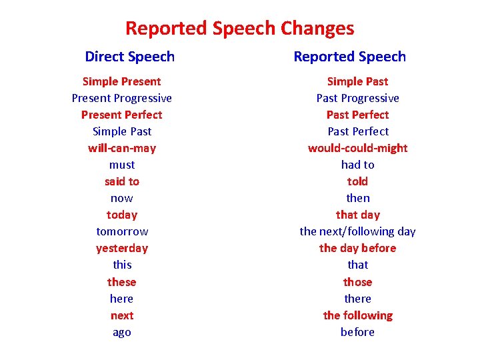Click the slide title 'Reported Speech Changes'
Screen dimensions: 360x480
pos(240,28)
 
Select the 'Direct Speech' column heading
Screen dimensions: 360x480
pos(130,57)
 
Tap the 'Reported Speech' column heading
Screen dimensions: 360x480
pos(350,57)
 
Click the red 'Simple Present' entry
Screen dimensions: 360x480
pos(122,81)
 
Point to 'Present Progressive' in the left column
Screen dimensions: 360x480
pos(122,98)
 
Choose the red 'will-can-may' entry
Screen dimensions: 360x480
pos(122,148)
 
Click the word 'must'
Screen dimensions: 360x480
pos(122,165)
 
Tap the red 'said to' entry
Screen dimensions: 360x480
pos(122,181)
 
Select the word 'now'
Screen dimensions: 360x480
pos(122,198)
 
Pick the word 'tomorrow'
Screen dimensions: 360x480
pos(122,231)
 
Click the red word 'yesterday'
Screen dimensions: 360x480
pos(122,248)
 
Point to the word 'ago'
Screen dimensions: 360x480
pos(122,332)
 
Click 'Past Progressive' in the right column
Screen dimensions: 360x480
pos(358,98)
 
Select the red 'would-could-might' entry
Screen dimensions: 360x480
pos(358,148)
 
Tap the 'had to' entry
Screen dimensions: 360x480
pos(358,165)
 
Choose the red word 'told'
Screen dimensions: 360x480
pos(358,181)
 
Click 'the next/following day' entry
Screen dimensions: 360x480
pos(358,231)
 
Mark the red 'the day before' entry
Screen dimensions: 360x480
pos(358,248)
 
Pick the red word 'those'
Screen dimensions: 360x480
pos(358,282)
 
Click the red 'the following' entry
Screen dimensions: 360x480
pos(358,315)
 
